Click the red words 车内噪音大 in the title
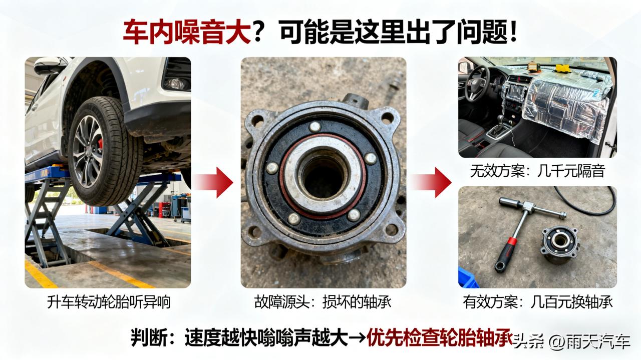187,32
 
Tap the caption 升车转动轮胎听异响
109,302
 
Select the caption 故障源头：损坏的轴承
323,302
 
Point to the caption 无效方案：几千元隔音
537,171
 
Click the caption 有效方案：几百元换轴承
538,302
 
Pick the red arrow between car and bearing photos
212,182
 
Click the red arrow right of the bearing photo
431,182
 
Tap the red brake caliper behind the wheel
100,144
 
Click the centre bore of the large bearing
324,177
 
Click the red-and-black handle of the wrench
506,253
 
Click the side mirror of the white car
47,66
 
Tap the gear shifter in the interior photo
503,122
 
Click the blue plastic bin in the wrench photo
468,277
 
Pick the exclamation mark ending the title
513,32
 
